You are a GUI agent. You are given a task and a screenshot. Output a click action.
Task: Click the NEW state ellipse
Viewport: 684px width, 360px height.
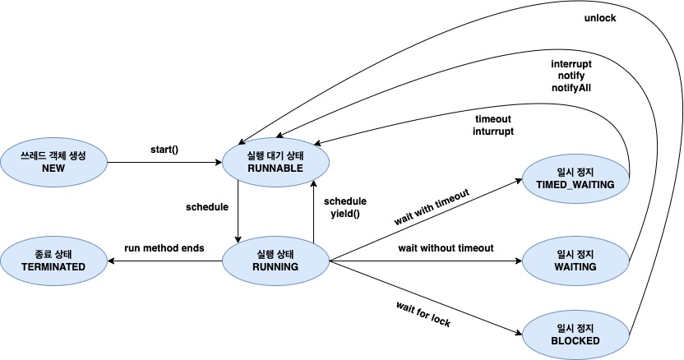53,162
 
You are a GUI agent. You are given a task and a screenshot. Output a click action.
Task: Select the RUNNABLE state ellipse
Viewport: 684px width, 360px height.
275,162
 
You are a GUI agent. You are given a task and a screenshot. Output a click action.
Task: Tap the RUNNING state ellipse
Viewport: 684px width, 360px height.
275,261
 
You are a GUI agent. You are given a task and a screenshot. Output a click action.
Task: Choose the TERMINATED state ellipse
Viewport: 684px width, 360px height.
53,261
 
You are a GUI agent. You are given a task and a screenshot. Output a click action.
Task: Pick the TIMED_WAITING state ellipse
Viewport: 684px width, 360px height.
575,179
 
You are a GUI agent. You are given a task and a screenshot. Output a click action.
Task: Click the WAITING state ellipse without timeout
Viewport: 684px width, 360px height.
575,261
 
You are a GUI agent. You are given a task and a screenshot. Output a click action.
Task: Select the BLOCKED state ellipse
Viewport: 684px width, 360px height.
575,335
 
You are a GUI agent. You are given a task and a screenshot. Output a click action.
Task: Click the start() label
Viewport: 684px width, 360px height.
164,150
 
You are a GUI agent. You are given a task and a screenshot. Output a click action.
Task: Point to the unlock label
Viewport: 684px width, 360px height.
600,18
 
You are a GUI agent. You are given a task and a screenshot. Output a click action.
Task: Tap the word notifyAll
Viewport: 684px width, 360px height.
571,88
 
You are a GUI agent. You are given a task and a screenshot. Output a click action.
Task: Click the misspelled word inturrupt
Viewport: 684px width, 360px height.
493,131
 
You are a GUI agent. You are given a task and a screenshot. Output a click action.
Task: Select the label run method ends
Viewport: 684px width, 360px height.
164,248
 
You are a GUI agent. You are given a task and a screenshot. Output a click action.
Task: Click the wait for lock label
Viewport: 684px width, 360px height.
423,314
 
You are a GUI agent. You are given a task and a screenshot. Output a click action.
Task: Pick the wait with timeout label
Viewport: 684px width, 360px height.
432,207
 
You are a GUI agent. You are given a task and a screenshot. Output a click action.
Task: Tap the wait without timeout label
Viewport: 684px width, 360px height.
446,248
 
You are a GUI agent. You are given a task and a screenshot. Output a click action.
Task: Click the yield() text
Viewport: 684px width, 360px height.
345,215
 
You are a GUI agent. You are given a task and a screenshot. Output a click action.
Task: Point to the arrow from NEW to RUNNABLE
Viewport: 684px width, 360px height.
164,163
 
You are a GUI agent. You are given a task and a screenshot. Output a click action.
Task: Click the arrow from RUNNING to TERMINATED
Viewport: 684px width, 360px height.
164,261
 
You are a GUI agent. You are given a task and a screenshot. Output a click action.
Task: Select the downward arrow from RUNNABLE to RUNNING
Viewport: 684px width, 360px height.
238,210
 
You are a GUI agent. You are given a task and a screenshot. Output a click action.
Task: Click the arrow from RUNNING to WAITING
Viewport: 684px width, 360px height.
425,261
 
